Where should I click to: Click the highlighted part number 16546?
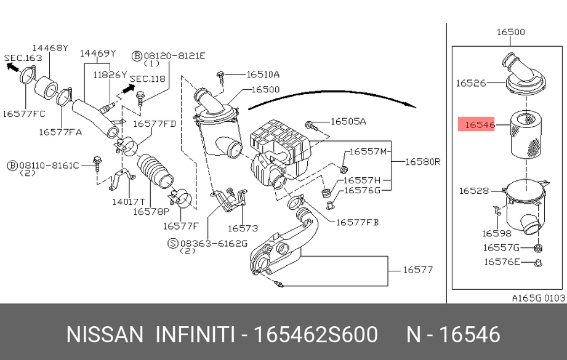tap(480, 125)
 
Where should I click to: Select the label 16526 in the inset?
tap(471, 82)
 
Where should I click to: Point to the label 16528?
tap(474, 191)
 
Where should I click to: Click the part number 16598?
tap(496, 233)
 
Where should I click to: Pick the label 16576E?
tap(501, 262)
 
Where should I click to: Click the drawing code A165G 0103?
tap(538, 298)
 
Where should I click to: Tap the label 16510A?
tap(263, 74)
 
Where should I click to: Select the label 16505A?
tap(348, 122)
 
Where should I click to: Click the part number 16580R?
tap(423, 162)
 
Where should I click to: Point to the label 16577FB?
tap(357, 222)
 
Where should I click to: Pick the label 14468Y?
tap(50, 47)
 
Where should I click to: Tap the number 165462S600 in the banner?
tap(316, 335)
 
